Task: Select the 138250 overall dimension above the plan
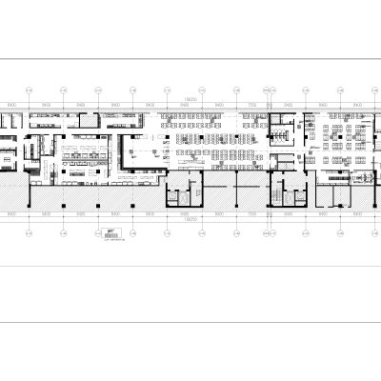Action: pyautogui.click(x=190, y=97)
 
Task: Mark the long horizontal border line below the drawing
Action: pyautogui.click(x=190, y=321)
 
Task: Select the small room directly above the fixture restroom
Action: pyautogui.click(x=283, y=120)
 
